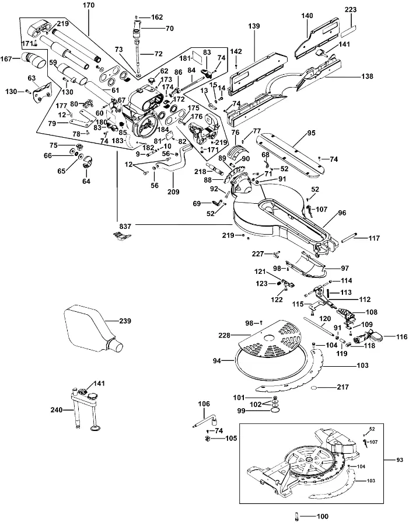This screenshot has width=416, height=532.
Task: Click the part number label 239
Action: point(125,321)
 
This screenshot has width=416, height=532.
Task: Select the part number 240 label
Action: point(57,410)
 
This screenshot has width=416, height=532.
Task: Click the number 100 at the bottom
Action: point(323,516)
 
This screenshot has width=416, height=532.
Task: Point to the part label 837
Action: point(125,226)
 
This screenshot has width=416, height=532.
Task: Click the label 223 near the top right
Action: point(351,9)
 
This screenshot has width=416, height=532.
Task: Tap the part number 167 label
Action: point(6,59)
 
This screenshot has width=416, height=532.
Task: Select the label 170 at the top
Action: point(89,5)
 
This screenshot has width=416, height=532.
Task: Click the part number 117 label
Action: point(375,238)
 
